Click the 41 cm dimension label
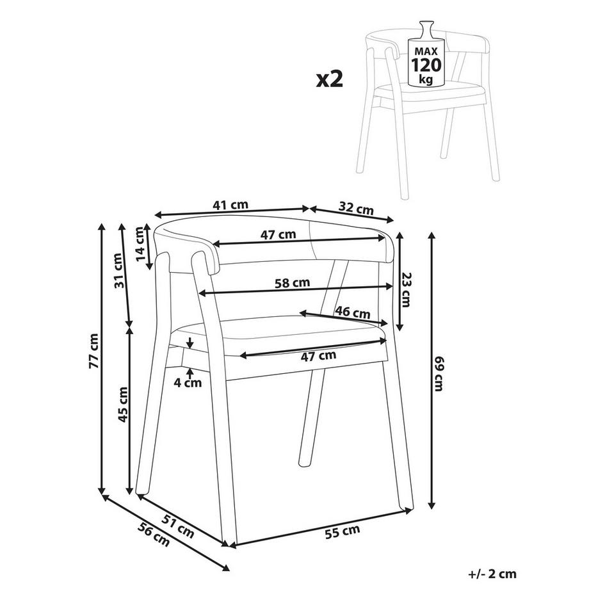coord(230,206)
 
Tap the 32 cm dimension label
coord(355,209)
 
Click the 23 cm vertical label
coord(407,289)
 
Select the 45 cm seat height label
coord(123,405)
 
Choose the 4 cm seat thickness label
coord(188,383)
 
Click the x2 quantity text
coord(330,79)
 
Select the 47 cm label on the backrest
coord(278,234)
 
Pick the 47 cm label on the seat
coord(319,355)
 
